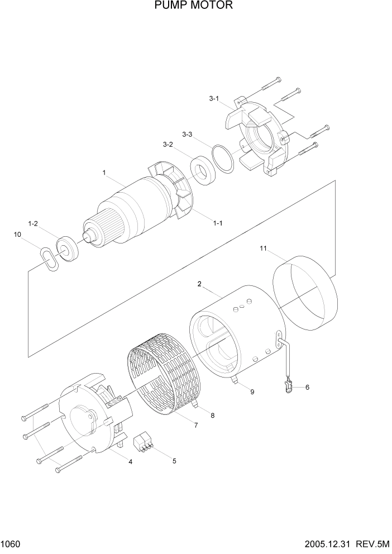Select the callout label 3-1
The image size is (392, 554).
[x=214, y=99]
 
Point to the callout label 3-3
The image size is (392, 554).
[x=188, y=135]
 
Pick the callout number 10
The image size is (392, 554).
[x=18, y=235]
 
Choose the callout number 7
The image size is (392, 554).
[x=196, y=426]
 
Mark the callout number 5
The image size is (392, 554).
[x=174, y=461]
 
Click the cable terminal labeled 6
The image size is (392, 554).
[x=288, y=385]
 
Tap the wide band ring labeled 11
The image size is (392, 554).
[x=304, y=293]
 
